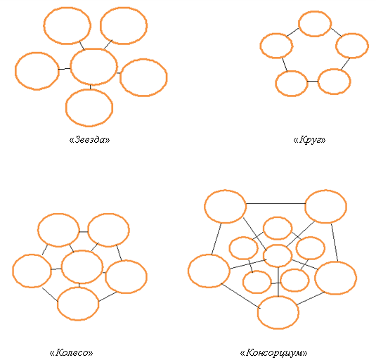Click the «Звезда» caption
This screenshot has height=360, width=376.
(x=89, y=139)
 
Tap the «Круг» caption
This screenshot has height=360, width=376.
(x=309, y=139)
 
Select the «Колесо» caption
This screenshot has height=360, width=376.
(x=71, y=352)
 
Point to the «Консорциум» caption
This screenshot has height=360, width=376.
(x=273, y=352)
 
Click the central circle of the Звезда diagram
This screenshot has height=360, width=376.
(x=71, y=67)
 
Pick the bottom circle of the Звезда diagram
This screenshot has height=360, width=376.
(x=65, y=108)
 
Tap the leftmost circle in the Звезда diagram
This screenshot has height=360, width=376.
(x=15, y=71)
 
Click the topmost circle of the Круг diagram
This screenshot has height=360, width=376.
(x=299, y=24)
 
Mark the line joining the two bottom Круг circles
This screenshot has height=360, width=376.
(x=313, y=82)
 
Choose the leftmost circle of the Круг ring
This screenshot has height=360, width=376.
(x=261, y=46)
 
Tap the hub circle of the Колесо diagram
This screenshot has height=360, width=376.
(x=62, y=266)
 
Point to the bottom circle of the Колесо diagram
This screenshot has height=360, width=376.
(x=58, y=304)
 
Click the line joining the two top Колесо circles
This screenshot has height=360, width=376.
(x=84, y=232)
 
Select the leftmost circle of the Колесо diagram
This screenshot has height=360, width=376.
(x=13, y=271)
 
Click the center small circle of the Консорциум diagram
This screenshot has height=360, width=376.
(x=264, y=256)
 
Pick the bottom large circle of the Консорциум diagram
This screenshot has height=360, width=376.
(x=258, y=312)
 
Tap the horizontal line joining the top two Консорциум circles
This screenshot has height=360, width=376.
(x=275, y=204)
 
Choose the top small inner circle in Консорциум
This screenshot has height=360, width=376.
(x=264, y=228)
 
